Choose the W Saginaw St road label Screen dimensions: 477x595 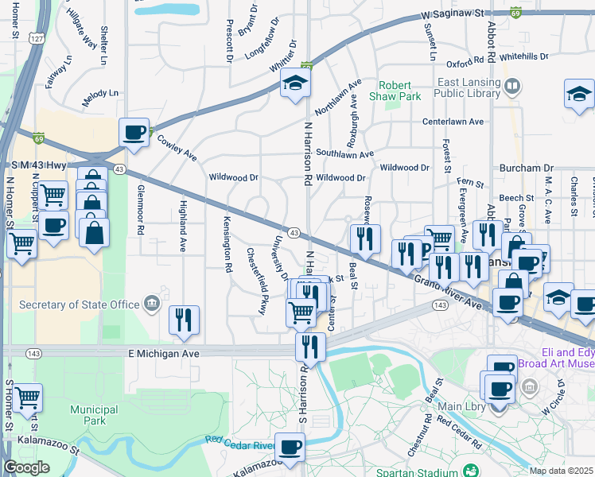(x=452, y=14)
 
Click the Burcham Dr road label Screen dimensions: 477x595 (x=526, y=169)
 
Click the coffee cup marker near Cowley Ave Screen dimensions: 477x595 (x=134, y=132)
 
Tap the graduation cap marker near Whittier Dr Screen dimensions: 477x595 (x=295, y=84)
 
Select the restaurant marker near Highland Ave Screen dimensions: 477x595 (x=185, y=320)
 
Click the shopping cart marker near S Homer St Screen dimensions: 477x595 (x=28, y=395)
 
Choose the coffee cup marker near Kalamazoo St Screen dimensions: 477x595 (x=290, y=447)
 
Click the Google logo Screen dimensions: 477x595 (x=27, y=467)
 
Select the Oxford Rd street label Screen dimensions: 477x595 (x=465, y=62)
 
